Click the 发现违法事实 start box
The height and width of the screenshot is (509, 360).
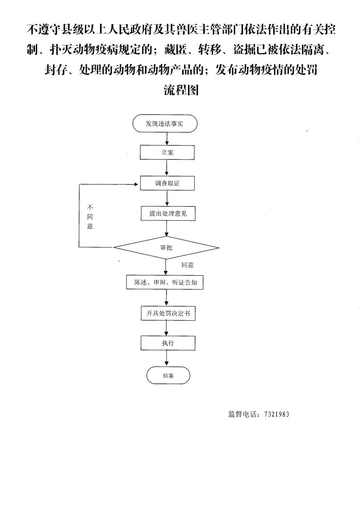coord(165,124)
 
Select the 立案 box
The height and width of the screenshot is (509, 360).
coord(167,153)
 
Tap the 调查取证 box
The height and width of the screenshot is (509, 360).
coord(167,183)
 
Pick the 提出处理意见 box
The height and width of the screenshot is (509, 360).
coord(168,213)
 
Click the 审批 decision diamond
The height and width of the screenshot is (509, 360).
coord(166,248)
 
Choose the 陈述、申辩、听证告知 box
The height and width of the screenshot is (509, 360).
coord(165,282)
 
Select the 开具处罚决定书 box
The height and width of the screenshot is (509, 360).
coord(168,313)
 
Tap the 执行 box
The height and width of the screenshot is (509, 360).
coord(168,343)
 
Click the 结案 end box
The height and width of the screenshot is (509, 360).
coord(168,375)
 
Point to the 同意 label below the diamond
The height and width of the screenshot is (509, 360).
coord(187,265)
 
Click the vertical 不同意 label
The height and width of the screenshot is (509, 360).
coord(90,217)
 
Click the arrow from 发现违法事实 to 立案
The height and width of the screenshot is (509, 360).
coord(167,139)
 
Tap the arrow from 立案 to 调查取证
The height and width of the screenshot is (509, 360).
coord(167,168)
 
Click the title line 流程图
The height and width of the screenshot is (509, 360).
coord(181,90)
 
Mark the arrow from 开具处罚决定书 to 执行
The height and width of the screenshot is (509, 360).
coord(167,328)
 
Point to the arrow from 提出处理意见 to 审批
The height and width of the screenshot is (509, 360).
coord(167,228)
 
